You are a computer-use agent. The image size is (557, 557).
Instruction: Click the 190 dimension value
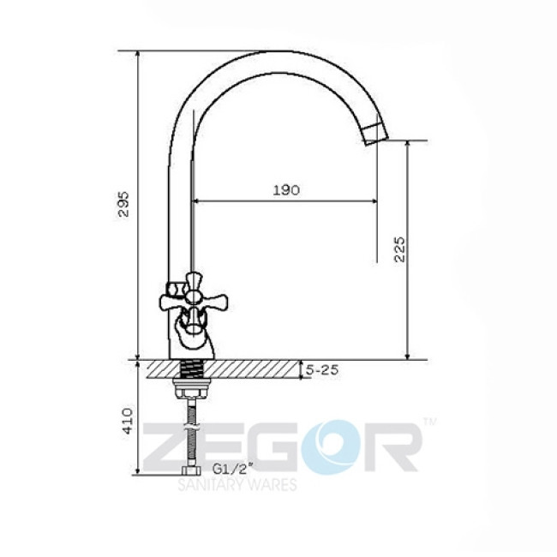tap(287, 190)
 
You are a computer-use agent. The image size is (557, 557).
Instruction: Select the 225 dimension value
tap(398, 248)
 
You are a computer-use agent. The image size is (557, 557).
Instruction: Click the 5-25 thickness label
tap(322, 370)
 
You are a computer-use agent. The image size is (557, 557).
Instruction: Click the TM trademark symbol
tap(429, 422)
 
